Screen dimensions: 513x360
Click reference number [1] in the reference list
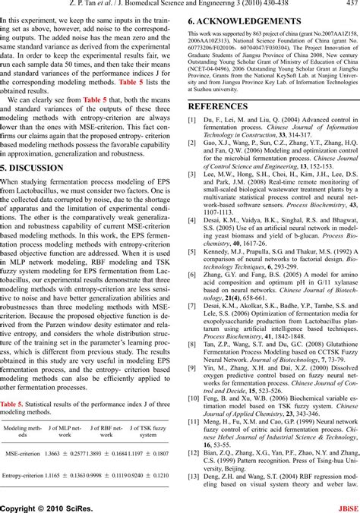tap(192, 120)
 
